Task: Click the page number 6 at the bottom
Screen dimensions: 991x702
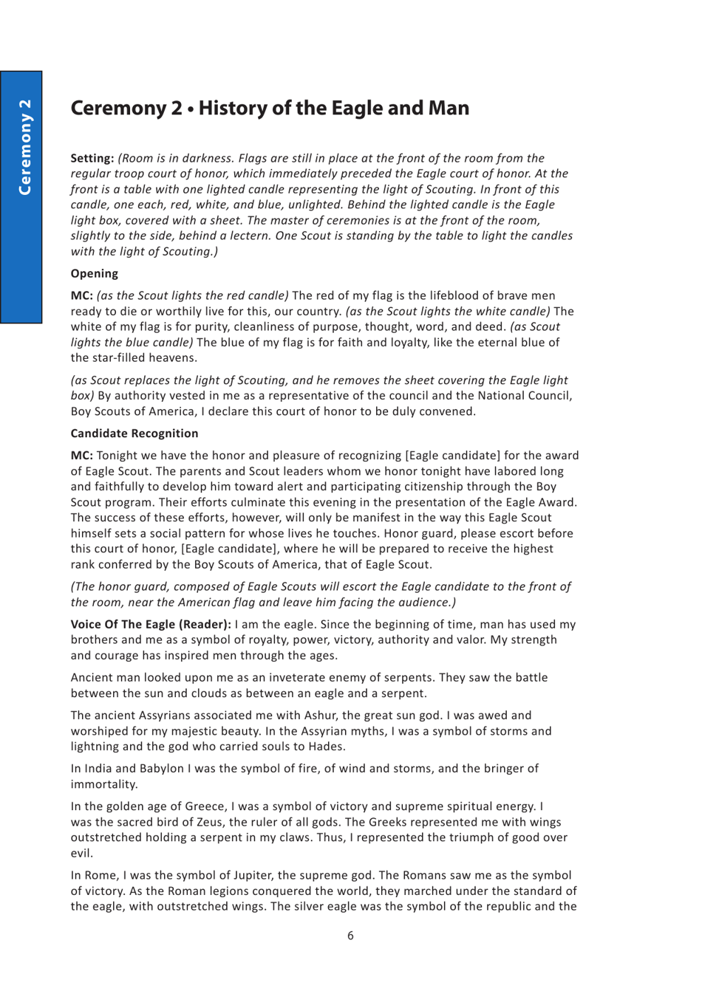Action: tap(350, 936)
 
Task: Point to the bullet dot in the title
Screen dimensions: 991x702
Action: tap(191, 109)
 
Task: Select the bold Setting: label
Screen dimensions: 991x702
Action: tap(92, 158)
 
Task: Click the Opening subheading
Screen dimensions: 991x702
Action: tap(94, 273)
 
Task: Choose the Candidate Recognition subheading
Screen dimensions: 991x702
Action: tap(134, 433)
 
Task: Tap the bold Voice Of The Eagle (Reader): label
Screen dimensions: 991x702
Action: tap(151, 624)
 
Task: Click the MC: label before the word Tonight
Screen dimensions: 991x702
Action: tap(82, 456)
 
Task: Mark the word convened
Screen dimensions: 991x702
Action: tap(450, 411)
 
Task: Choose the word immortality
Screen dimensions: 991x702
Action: tap(103, 784)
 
